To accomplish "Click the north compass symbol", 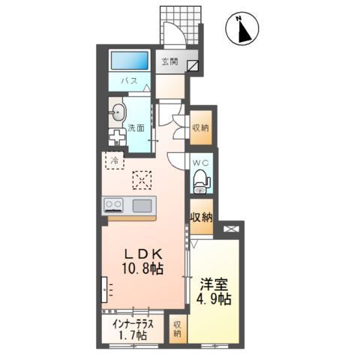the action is [242, 28].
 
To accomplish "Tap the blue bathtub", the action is [129, 61].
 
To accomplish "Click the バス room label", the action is [130, 81].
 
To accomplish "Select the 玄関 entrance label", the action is [169, 61].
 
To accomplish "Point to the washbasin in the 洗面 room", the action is [118, 112].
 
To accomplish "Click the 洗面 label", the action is [136, 127].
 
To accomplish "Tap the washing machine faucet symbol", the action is [117, 137].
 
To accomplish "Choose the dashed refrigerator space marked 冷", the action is [115, 160].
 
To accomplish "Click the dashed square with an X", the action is [142, 180].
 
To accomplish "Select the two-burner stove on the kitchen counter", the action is [114, 205].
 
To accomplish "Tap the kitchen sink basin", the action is [142, 205].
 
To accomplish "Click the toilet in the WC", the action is [202, 181].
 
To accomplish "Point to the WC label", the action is [201, 163].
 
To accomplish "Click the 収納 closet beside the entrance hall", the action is [200, 127].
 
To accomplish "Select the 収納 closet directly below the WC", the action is [201, 217].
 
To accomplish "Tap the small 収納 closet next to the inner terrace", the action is [178, 328].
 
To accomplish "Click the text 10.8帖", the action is [142, 269].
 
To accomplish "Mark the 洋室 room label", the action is [214, 285].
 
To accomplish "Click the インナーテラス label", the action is [133, 325].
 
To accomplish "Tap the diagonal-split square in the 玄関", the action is [193, 66].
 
